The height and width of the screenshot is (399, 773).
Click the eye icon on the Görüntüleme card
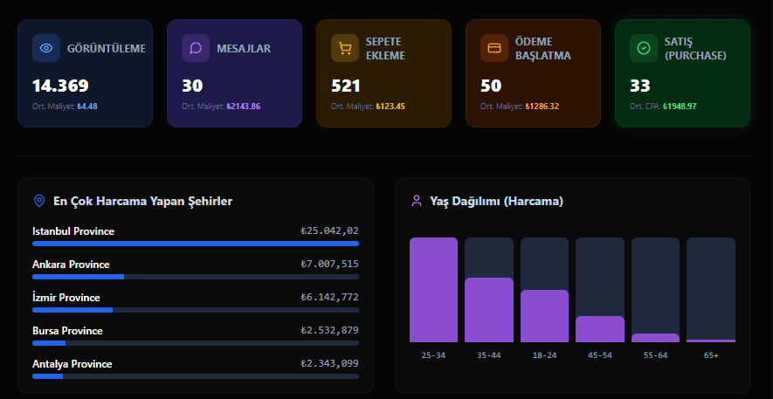(x=46, y=48)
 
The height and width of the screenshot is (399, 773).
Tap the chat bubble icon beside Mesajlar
(x=196, y=48)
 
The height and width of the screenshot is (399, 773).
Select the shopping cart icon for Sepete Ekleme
(x=345, y=48)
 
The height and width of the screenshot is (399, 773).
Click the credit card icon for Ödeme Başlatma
(x=494, y=48)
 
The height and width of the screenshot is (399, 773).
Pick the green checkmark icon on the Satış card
(x=644, y=48)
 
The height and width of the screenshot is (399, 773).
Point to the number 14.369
(x=60, y=86)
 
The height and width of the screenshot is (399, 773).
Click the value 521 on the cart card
(x=346, y=86)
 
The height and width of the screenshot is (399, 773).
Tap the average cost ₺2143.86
(x=244, y=107)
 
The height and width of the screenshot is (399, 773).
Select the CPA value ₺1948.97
(x=680, y=107)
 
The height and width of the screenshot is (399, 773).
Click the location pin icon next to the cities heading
(x=38, y=202)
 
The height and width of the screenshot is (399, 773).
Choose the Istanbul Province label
(x=73, y=231)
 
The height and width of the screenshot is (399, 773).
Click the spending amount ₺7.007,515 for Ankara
(x=329, y=265)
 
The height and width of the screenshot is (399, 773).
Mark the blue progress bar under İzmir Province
(x=72, y=310)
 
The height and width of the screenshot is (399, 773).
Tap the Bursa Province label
(x=67, y=331)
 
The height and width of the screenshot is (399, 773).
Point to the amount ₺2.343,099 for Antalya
(x=329, y=364)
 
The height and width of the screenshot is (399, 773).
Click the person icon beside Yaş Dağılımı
(x=416, y=202)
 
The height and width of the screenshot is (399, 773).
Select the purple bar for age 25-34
(x=433, y=290)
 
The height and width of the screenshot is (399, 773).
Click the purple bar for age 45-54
(x=599, y=329)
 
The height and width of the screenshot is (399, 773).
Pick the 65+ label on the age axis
(x=710, y=355)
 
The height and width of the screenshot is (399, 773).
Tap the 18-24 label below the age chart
(x=544, y=355)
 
